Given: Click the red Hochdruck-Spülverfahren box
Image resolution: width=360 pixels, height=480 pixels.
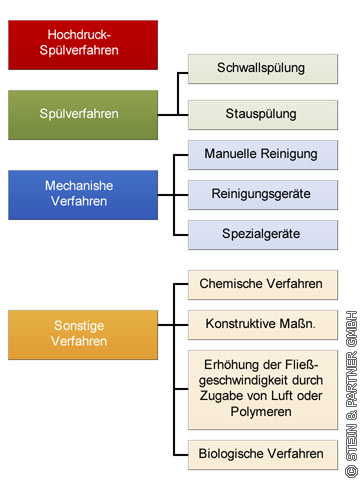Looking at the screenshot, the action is click(x=83, y=45).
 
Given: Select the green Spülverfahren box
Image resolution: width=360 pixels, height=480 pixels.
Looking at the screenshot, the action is click(x=83, y=115).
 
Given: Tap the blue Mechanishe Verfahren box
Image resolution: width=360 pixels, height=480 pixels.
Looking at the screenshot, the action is click(x=83, y=195).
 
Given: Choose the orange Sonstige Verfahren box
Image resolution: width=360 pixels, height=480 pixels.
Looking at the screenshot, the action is click(x=83, y=335).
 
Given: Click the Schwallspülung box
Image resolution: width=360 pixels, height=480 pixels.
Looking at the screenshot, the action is click(x=263, y=69).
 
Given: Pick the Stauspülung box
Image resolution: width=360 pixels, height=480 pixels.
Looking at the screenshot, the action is click(x=263, y=115).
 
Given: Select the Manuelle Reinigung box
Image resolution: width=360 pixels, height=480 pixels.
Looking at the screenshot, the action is click(x=263, y=155).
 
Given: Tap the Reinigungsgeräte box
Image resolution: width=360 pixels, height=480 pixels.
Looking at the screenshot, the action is click(x=263, y=195).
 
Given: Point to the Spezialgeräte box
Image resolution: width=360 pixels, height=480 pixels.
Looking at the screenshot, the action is click(x=263, y=235).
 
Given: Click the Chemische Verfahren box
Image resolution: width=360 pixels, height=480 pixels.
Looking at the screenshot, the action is click(x=263, y=285).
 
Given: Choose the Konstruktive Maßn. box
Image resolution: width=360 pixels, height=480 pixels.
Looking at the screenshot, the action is click(x=263, y=325).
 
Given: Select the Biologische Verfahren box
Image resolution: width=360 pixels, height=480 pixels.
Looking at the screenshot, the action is click(x=263, y=455).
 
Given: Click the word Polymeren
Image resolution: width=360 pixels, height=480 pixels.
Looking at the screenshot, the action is click(x=261, y=412).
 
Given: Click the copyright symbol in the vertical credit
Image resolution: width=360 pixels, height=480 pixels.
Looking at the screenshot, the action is click(x=352, y=472).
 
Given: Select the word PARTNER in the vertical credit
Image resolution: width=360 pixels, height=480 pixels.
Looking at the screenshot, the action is click(x=352, y=379).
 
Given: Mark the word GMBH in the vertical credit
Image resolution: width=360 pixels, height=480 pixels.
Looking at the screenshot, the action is click(x=352, y=329).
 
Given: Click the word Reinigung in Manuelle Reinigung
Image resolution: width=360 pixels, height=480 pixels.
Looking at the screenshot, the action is click(x=289, y=154).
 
